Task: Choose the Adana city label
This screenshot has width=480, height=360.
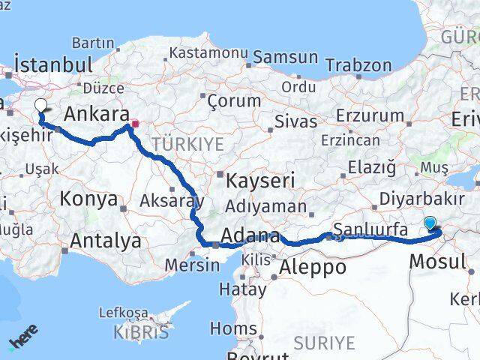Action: pos(250,234)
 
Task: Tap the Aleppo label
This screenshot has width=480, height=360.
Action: pos(312,267)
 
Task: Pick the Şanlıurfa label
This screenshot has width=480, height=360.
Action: pos(370,229)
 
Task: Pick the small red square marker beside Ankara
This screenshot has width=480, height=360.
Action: pos(135,124)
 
